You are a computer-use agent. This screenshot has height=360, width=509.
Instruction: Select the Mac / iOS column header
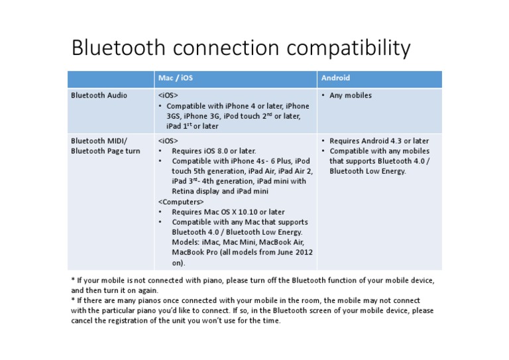pos(176,78)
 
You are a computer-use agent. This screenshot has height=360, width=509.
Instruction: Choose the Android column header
pos(335,78)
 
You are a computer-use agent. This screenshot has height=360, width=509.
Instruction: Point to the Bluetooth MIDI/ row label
pos(99,141)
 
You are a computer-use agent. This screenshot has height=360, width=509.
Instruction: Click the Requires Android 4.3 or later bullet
pos(378,141)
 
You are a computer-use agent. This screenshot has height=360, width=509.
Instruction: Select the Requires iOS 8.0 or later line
pos(213,151)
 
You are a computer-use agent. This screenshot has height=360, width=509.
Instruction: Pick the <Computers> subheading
pos(181,202)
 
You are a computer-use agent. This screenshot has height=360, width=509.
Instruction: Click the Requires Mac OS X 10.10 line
pos(228,212)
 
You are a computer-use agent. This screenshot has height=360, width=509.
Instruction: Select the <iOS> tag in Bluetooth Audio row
pos(168,95)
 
